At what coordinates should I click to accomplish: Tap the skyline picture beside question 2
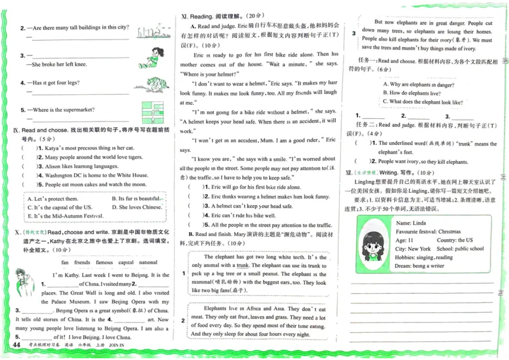(x=152, y=30)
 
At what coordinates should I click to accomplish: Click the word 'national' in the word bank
(x=148, y=262)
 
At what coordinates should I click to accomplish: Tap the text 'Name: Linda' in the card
(x=411, y=223)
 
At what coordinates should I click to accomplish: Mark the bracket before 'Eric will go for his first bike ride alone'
(x=193, y=188)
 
